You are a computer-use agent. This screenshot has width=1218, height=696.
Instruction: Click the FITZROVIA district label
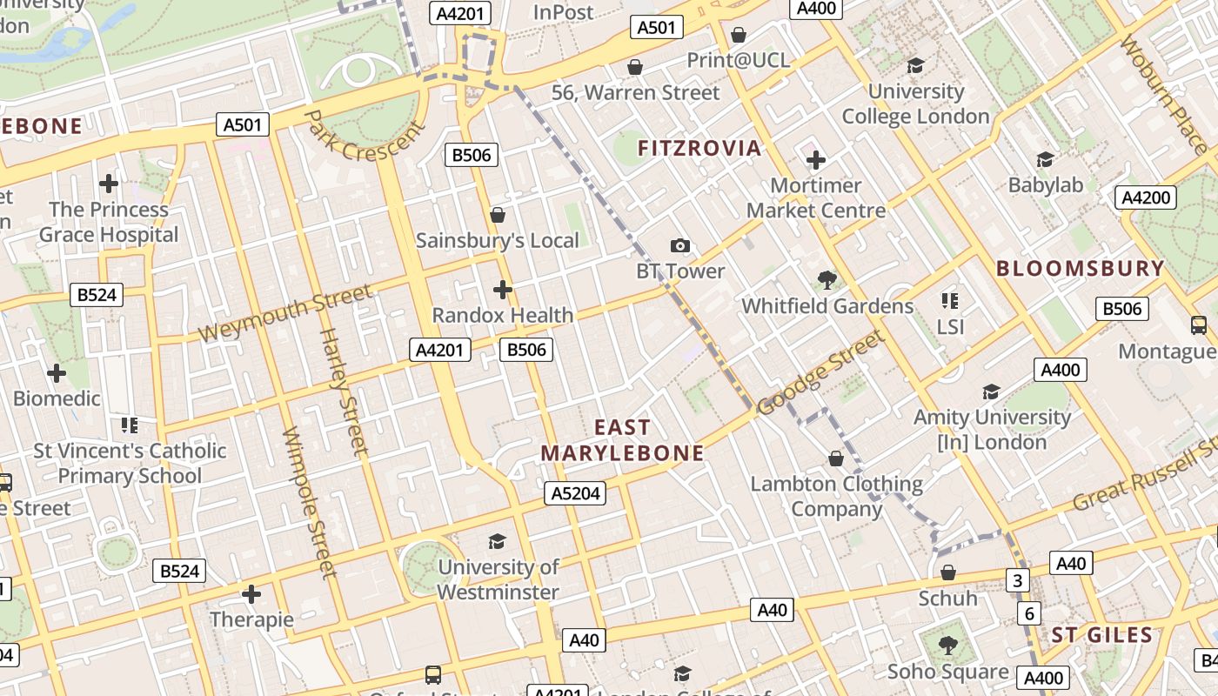coord(699,148)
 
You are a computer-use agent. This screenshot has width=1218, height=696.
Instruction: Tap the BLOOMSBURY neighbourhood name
coord(1080,268)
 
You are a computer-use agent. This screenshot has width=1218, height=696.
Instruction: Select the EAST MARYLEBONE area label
coord(622,440)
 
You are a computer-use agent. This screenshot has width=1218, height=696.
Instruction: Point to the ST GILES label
coord(1102,635)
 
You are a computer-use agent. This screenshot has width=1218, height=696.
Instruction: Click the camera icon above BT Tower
coord(680,246)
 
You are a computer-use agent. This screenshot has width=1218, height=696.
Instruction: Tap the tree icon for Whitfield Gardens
coord(827,280)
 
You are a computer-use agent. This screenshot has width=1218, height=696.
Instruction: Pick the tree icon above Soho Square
coord(948,646)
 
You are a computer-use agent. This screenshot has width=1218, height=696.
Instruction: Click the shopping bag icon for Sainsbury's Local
coord(498,214)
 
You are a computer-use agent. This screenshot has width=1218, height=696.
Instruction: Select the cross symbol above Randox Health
coord(503,290)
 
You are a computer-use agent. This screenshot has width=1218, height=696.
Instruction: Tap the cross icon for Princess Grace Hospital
coord(109,184)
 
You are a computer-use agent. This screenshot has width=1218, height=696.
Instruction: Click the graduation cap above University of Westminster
coord(497,542)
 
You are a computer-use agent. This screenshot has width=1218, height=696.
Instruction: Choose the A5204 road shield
coord(575,493)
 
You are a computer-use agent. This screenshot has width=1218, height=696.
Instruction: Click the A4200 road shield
coord(1145,197)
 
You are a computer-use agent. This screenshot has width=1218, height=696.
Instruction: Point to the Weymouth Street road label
coord(285,313)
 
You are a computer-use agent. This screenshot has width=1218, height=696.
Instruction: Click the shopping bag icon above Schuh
coord(948,572)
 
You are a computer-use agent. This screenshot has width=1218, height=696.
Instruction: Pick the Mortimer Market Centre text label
coord(815,197)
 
